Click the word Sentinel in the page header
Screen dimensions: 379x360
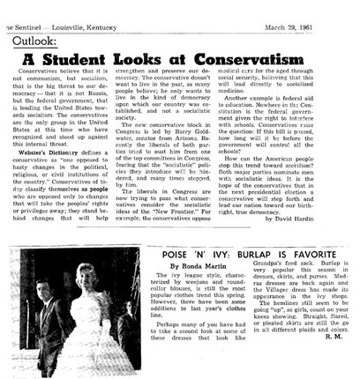(x=30, y=9)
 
